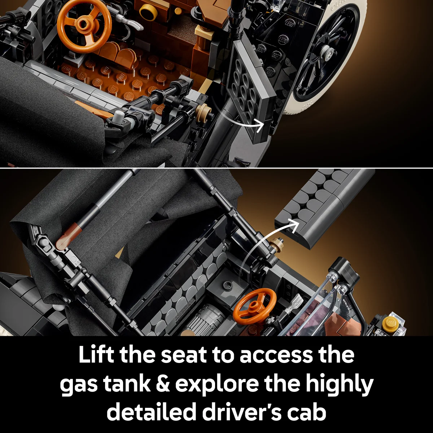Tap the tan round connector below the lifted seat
tap(277, 246)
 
